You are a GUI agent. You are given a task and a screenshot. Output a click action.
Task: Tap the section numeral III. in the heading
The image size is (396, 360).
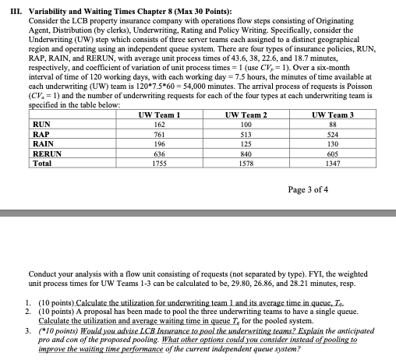point(12,6)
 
